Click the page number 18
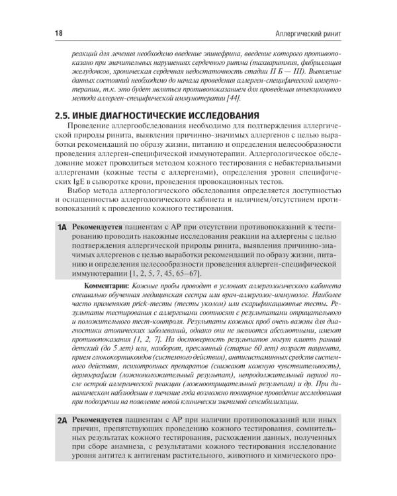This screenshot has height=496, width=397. coord(59,32)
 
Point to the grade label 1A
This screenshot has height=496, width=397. coord(63,227)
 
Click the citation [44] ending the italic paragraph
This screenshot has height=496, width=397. coord(234,99)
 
